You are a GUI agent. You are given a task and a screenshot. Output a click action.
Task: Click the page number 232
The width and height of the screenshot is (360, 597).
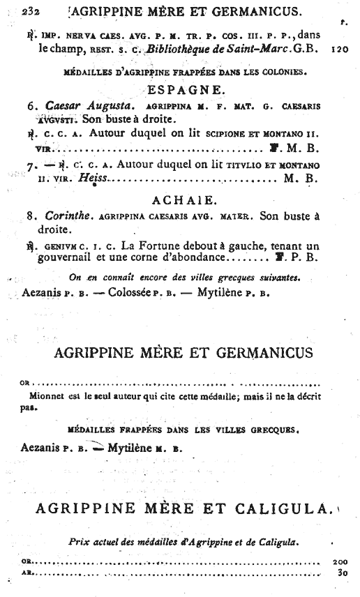pos(31,10)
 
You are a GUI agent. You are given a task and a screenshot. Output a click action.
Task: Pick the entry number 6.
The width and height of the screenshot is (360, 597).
pos(31,106)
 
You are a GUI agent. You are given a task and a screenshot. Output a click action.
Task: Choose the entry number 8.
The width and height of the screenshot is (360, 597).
pos(31,216)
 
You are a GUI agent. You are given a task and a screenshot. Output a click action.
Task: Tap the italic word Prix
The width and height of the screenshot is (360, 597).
pos(80,541)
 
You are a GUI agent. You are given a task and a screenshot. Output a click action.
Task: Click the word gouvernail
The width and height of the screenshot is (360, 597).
pos(68,257)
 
